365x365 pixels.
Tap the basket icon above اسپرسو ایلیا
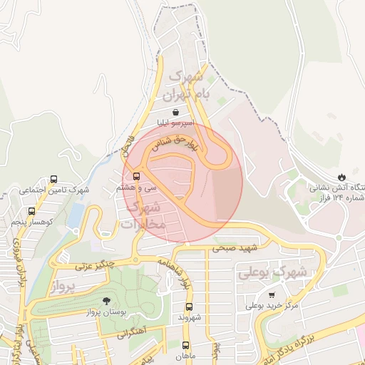(175, 112)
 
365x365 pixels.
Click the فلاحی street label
(128, 143)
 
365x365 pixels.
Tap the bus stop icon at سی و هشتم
(135, 176)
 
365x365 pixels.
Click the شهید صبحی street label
(233, 249)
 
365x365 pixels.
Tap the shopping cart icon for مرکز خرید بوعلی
(271, 294)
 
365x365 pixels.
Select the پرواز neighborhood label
(63, 287)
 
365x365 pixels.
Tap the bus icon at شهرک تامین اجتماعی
(54, 180)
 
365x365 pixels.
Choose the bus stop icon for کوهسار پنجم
(31, 212)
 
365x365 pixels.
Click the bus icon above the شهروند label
(186, 306)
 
